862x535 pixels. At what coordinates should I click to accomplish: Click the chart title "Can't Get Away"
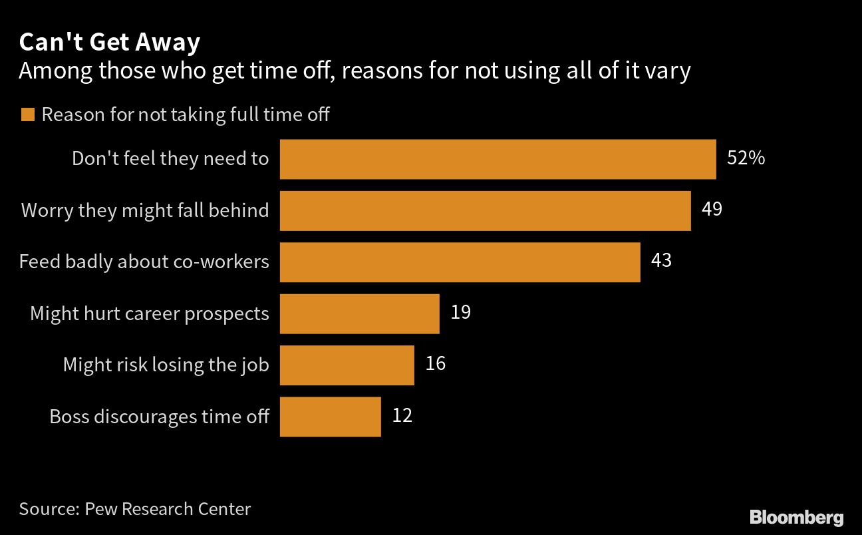tap(109, 43)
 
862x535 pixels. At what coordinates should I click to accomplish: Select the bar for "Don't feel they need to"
tap(498, 159)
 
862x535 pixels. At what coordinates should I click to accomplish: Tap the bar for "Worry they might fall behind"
tap(485, 210)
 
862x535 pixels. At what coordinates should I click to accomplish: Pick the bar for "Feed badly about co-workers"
tap(460, 262)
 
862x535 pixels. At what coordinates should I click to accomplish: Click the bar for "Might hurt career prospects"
tap(359, 313)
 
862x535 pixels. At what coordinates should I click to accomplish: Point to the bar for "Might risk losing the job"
tap(347, 365)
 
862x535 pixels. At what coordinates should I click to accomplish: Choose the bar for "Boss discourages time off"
tap(330, 417)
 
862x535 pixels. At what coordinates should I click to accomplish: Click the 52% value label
tap(746, 158)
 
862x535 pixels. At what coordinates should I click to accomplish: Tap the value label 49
tap(712, 209)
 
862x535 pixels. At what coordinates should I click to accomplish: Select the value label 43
tap(661, 260)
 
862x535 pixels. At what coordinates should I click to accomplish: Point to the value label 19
tap(460, 311)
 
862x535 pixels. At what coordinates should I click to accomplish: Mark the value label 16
tap(435, 363)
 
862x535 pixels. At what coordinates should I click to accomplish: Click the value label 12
tap(402, 415)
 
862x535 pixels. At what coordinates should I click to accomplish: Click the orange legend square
tap(27, 115)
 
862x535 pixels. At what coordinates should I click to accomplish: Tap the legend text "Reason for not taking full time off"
tap(186, 114)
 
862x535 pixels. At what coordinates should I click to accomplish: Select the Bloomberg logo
tap(796, 517)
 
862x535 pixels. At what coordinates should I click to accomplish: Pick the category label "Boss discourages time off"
tap(159, 417)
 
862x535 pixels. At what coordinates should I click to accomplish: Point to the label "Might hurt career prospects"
tap(150, 313)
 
